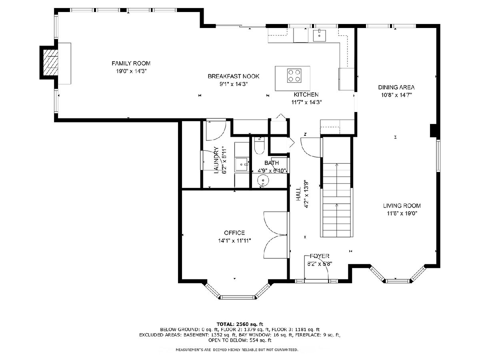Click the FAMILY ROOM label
(131, 63)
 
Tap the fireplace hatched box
(50, 62)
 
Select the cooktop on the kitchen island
(294, 76)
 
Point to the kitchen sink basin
(319, 35)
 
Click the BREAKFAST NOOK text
(233, 76)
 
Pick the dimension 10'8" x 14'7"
(396, 95)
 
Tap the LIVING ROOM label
(402, 206)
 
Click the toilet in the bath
(260, 145)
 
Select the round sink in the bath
(263, 181)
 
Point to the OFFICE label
(234, 232)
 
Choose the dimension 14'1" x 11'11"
(234, 241)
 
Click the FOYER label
(320, 256)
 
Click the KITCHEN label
(306, 94)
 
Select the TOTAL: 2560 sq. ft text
(240, 324)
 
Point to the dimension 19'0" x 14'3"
(131, 71)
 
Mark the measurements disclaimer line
(237, 350)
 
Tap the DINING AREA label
(396, 87)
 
